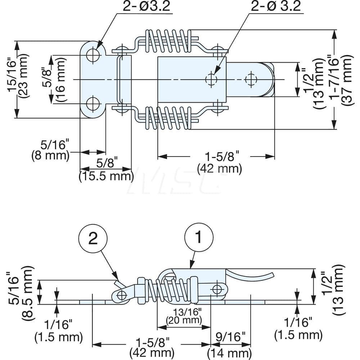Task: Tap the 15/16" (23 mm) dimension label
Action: pos(17,80)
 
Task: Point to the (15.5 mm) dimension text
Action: pos(106,176)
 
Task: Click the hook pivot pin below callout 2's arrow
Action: pos(122,295)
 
